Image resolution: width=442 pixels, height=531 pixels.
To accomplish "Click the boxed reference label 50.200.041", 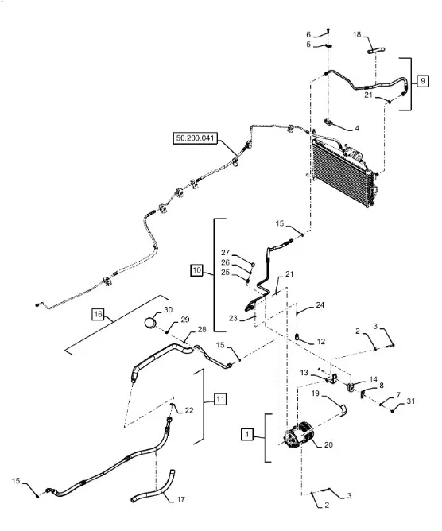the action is (196, 138).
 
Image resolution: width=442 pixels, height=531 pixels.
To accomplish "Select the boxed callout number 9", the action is (422, 81).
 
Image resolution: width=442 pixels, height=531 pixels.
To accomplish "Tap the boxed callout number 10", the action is (196, 270).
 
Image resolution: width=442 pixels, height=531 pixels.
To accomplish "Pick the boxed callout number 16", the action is (98, 314).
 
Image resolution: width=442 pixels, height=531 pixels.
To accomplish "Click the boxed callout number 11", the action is (220, 399).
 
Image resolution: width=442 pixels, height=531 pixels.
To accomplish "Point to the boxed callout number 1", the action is (247, 434).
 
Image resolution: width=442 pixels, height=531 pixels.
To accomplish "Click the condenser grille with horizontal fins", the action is (343, 172).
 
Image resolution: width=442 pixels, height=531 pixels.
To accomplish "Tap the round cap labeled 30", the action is (150, 322).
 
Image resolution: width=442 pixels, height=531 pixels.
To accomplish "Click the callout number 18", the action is (357, 34).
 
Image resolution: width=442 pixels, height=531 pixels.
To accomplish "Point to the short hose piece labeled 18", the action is (376, 51).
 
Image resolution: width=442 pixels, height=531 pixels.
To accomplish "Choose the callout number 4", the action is (357, 128).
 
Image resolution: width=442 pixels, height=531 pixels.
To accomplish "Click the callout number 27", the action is (225, 253).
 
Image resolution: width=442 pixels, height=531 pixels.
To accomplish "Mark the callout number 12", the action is (320, 342).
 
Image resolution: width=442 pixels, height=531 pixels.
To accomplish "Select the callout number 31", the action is (410, 401).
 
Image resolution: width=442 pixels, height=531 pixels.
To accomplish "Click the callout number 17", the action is (181, 499).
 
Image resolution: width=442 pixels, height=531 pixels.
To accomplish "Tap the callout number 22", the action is (189, 410).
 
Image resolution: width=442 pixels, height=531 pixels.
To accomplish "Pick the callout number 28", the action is (202, 330).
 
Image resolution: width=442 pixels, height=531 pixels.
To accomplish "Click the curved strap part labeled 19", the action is (343, 410).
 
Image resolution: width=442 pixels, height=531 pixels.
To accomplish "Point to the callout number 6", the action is (308, 34).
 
